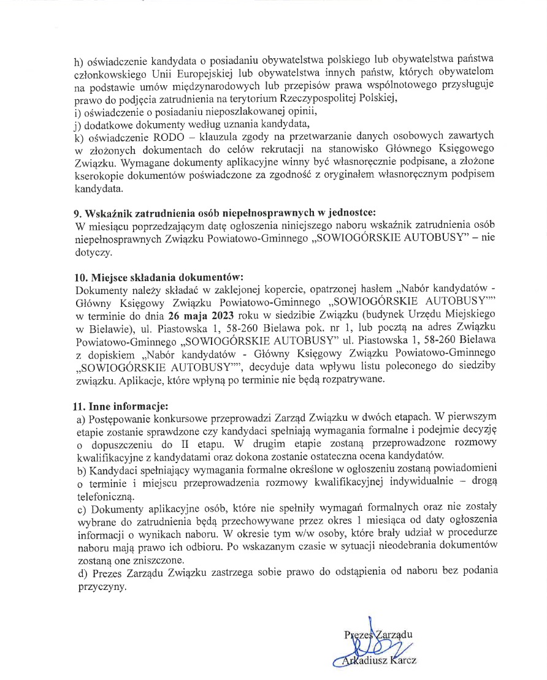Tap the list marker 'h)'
pos(78,60)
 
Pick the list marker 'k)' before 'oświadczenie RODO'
pos(78,138)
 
